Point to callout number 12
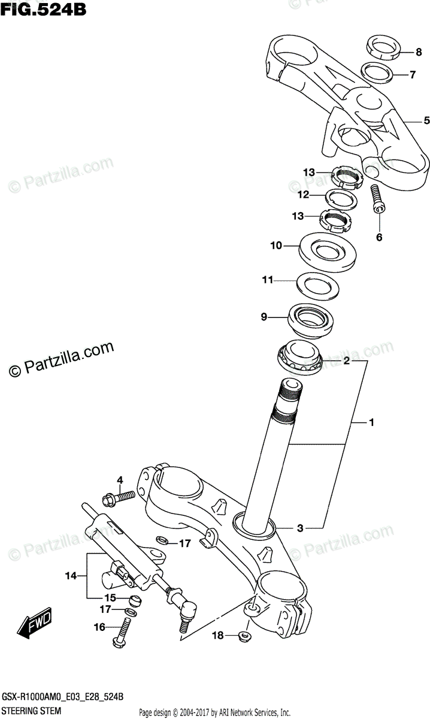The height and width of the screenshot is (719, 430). click(x=304, y=195)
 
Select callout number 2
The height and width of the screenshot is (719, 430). click(x=346, y=361)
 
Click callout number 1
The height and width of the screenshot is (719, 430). click(x=371, y=424)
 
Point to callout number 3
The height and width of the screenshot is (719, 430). click(x=300, y=528)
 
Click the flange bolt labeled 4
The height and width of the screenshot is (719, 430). click(x=120, y=497)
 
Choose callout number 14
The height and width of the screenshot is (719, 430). click(x=71, y=576)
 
